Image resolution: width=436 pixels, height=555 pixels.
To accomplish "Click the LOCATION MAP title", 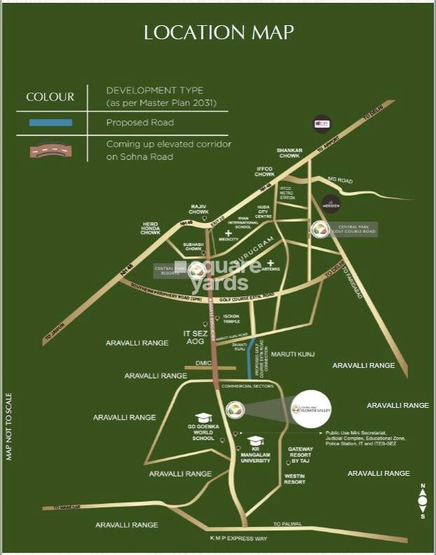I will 218,32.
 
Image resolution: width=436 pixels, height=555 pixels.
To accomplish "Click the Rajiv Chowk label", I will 200,209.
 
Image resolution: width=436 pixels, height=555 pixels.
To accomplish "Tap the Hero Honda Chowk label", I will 151,228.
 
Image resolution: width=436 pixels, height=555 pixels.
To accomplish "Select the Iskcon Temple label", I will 232,321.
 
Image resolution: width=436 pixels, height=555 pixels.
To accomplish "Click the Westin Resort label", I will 295,479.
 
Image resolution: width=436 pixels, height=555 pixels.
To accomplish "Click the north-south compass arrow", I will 423,500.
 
